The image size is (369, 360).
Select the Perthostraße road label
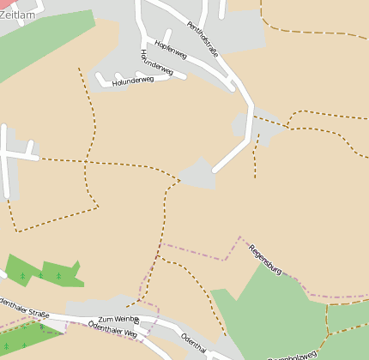click(x=203, y=41)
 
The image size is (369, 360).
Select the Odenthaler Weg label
click(x=112, y=329)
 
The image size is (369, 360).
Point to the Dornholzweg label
click(x=292, y=354)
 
